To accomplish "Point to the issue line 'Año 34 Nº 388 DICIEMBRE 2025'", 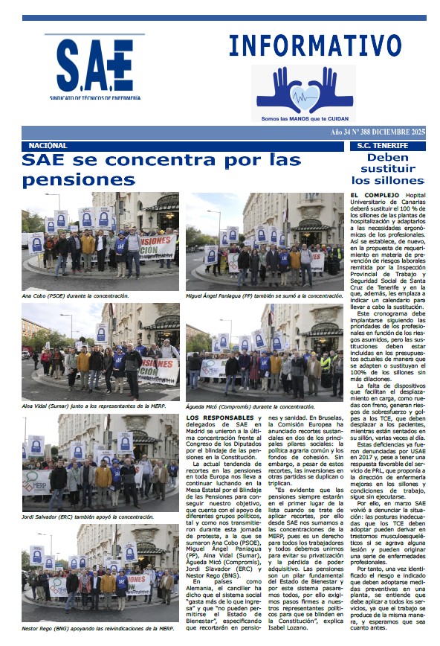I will click(x=378, y=132).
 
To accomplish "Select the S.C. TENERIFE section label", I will click(x=383, y=146).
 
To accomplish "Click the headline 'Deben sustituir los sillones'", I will click(x=387, y=169).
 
